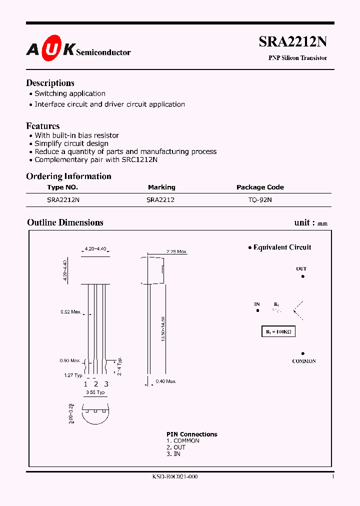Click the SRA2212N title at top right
292,42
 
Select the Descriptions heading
50,83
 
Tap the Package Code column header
260,187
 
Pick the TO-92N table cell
260,199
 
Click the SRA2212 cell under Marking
160,199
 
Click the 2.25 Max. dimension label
176,251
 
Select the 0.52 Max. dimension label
70,312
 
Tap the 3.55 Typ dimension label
95,393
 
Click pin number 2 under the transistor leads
96,384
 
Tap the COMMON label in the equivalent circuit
304,361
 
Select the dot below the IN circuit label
257,310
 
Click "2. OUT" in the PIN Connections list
176,447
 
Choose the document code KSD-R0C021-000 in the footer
175,477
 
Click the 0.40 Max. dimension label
165,381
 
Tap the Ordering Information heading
68,176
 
